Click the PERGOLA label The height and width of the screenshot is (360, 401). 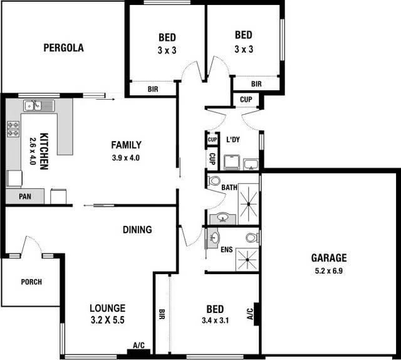(x=63, y=48)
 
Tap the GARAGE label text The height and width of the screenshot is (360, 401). (x=329, y=258)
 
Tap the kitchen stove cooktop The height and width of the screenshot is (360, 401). (x=13, y=129)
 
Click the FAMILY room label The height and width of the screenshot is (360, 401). (x=126, y=145)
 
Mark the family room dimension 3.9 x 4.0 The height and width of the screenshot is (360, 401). (x=126, y=157)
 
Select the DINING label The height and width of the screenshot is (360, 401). (x=137, y=230)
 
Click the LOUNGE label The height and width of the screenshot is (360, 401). (x=107, y=308)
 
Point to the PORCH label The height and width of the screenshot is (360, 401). (x=31, y=282)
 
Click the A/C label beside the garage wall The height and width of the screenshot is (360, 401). (x=249, y=313)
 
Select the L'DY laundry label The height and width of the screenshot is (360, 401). (x=233, y=139)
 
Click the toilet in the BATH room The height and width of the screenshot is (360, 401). (x=214, y=182)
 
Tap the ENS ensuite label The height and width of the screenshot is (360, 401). (x=227, y=250)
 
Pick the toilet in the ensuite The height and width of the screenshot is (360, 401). (x=251, y=239)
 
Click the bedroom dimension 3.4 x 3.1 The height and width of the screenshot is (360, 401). (x=215, y=322)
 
